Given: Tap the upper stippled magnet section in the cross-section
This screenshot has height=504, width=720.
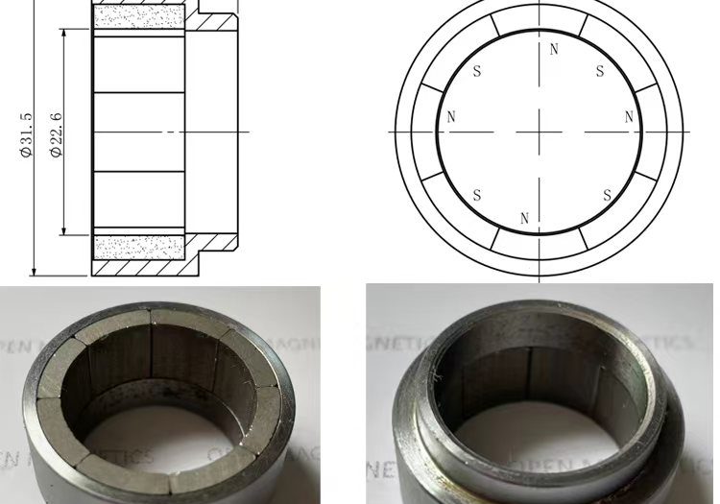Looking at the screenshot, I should (139, 16).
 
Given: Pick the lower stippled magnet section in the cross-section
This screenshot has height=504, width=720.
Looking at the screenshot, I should (139, 247).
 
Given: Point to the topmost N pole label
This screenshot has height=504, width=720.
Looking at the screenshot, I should (554, 49).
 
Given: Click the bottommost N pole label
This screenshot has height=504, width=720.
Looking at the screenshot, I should (524, 219).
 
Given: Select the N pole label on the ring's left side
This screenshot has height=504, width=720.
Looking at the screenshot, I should (451, 117).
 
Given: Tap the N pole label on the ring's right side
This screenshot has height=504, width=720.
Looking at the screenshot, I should (629, 117).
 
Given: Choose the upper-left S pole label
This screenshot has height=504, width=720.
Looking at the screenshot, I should (478, 71).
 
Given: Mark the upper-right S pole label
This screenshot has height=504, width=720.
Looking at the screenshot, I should (600, 71).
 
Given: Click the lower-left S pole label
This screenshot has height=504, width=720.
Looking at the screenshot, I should (478, 195).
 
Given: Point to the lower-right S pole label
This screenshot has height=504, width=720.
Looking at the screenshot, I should (607, 195).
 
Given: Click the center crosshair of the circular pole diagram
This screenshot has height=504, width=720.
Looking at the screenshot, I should (540, 132).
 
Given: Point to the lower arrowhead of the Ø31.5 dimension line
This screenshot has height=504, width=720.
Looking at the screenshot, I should (34, 272).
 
